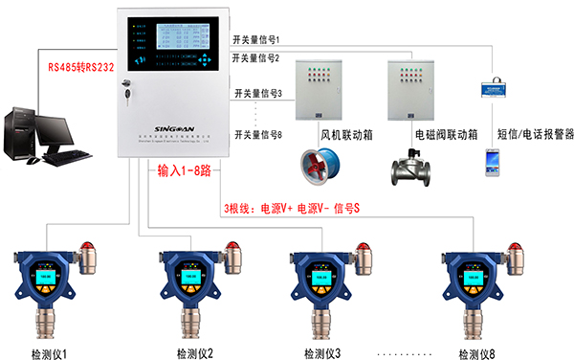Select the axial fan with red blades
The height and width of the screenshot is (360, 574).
pyautogui.click(x=317, y=166)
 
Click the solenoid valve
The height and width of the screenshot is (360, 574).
pyautogui.click(x=412, y=168)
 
